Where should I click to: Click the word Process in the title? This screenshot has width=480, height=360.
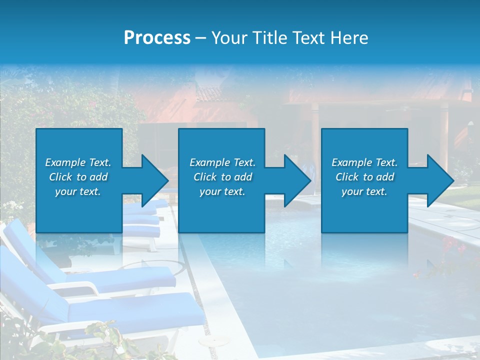tap(157, 38)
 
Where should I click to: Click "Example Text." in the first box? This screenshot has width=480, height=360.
tap(78, 162)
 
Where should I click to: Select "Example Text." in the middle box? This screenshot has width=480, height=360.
tap(222, 162)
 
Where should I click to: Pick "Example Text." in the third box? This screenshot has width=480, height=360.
tap(364, 162)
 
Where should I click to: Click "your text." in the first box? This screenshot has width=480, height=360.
tap(78, 191)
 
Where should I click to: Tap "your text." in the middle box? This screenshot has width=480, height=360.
tap(222, 191)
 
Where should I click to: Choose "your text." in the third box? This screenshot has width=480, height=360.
tap(364, 191)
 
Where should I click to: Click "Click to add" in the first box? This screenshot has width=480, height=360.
tap(78, 177)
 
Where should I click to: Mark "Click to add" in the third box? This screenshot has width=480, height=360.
tap(364, 177)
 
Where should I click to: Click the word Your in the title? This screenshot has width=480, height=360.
tap(229, 38)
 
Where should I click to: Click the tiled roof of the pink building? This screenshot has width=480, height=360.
tap(208, 94)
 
